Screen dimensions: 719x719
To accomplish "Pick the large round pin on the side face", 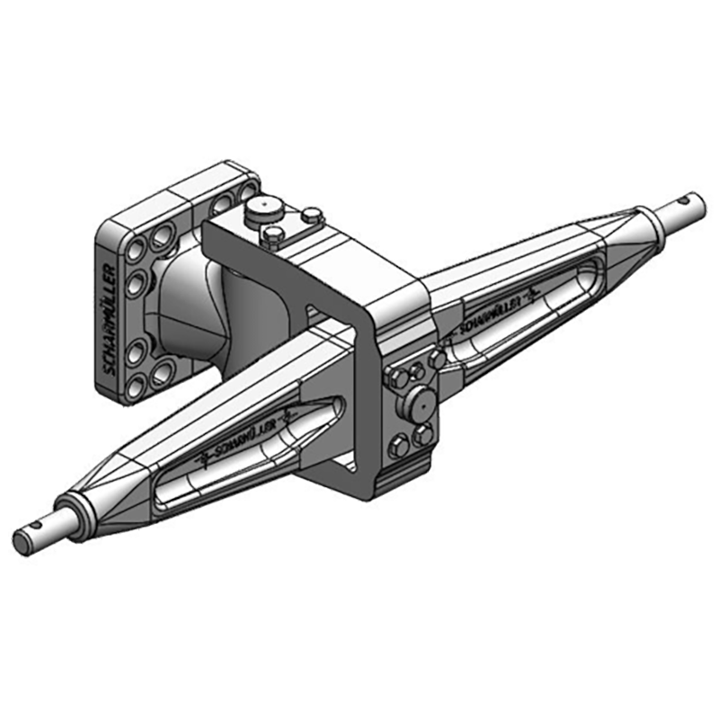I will point(419,403).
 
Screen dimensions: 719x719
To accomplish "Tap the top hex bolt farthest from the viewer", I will point(311,215).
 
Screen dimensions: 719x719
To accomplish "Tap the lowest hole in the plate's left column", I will point(135,385).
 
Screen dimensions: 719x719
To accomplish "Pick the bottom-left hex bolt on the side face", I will point(396,445).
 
